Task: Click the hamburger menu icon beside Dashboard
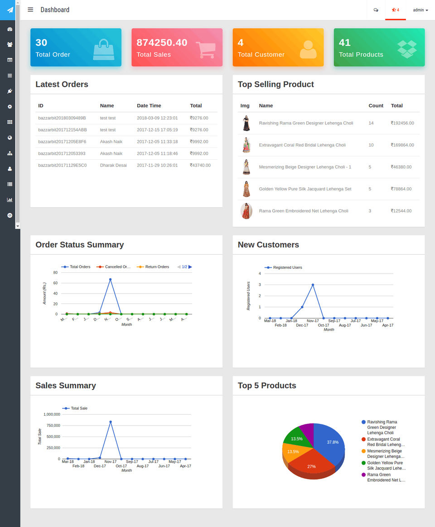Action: click(30, 9)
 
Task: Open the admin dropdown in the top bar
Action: click(420, 10)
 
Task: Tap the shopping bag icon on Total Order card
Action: click(104, 49)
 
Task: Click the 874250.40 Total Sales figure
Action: click(162, 43)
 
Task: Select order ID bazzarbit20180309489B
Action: click(62, 118)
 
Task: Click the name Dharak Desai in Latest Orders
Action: click(113, 165)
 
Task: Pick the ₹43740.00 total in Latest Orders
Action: click(200, 165)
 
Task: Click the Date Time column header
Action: click(149, 105)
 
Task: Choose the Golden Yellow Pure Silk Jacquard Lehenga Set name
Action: click(305, 189)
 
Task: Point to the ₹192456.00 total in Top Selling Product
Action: click(402, 123)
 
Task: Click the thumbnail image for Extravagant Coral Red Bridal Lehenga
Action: click(246, 145)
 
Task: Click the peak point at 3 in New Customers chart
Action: click(313, 285)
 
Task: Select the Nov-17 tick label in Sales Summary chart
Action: click(111, 462)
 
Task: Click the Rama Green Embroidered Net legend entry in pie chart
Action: click(385, 477)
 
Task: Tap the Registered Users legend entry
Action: click(287, 267)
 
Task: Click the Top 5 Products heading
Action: click(267, 385)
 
